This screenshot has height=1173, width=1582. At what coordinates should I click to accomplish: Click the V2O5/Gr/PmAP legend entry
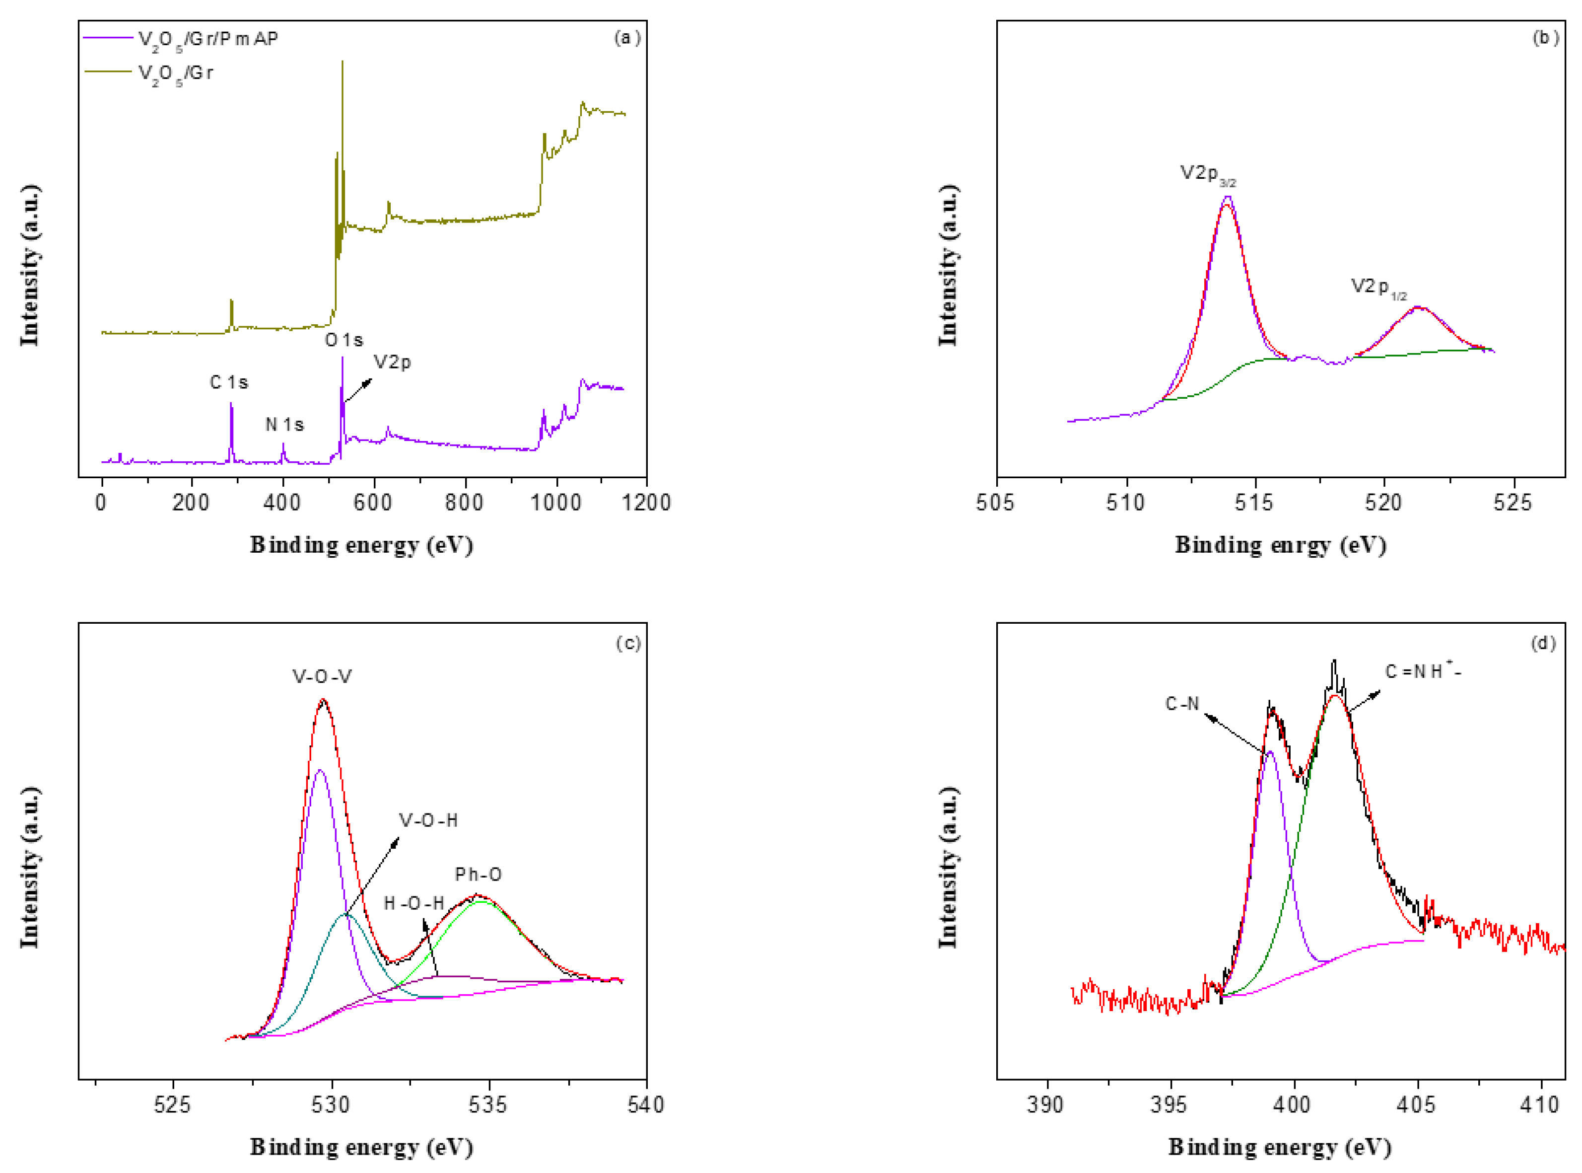[207, 39]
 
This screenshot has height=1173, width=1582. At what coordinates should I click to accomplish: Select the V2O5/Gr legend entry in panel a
[175, 73]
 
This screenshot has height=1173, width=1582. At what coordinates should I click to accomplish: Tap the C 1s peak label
[228, 383]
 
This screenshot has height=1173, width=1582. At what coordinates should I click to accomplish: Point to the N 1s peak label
[284, 425]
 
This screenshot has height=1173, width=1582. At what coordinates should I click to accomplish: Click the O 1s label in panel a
[344, 340]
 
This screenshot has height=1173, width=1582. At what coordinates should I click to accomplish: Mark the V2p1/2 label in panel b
[1377, 288]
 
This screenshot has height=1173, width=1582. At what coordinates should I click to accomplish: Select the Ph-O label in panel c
[478, 874]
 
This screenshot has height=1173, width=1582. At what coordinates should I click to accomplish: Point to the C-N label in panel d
[1182, 704]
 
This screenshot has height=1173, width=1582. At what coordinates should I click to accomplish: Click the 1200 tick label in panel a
[646, 503]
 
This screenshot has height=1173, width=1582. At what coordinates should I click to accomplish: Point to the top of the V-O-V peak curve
[324, 700]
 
